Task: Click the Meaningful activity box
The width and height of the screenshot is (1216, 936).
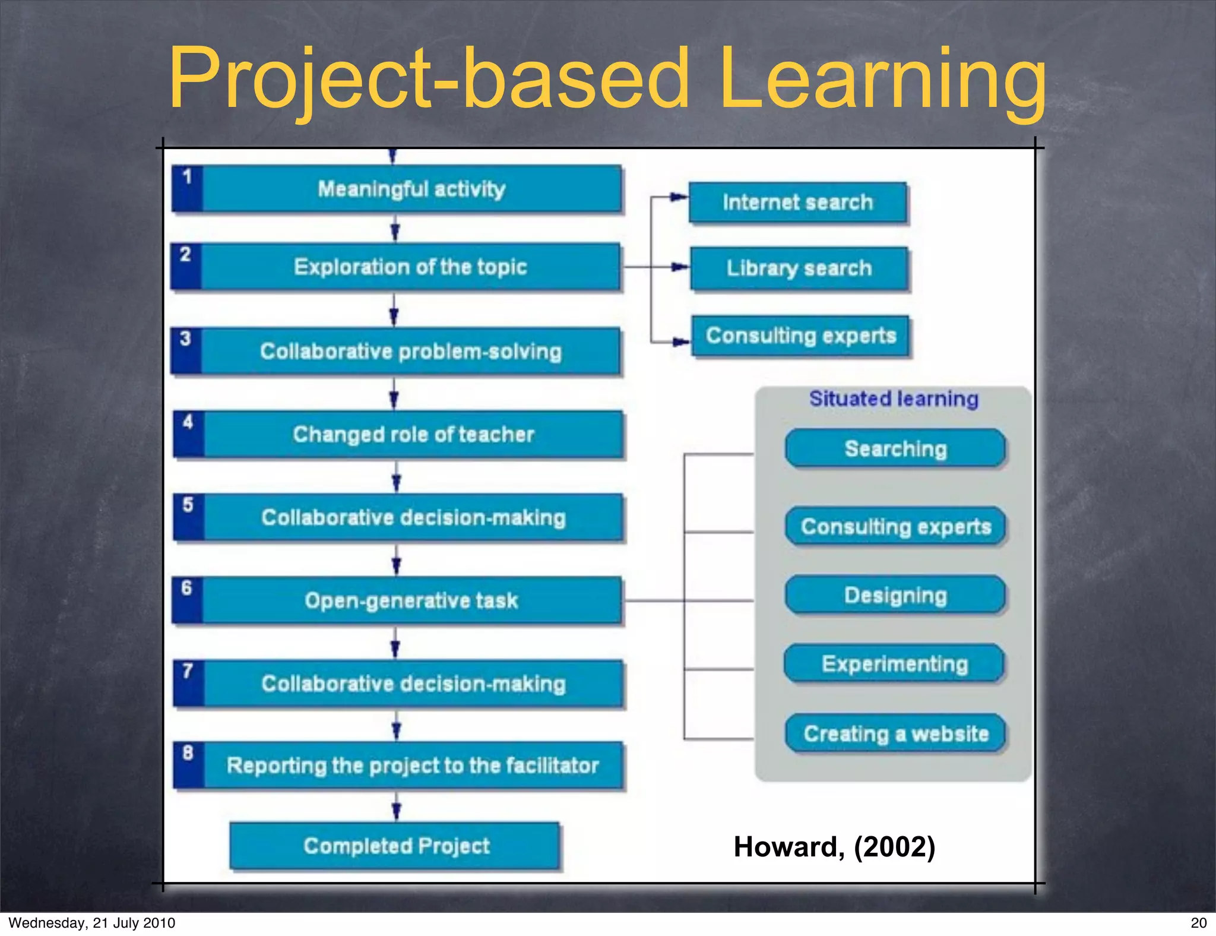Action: point(411,189)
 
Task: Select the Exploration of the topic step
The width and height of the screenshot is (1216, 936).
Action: point(410,267)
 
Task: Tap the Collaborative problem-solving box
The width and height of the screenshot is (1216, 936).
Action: point(410,351)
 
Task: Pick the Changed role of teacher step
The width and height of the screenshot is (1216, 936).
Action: point(413,434)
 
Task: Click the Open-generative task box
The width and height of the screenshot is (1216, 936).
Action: point(411,600)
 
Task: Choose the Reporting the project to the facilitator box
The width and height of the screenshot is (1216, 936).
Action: point(412,766)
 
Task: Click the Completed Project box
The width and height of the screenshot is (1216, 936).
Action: point(395,846)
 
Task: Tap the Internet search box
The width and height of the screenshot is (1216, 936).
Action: point(797,203)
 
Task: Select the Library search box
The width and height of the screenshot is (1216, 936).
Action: point(799,268)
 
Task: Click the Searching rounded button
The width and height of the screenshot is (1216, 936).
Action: point(895,449)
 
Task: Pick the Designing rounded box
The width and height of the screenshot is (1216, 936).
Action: point(895,595)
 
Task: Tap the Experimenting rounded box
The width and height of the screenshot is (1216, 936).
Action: point(894,664)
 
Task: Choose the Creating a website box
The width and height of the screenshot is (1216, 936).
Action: point(895,734)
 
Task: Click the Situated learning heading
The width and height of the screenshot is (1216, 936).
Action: point(894,399)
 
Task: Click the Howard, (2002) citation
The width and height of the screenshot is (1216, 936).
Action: point(834,846)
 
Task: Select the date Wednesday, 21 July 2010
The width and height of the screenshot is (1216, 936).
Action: point(92,922)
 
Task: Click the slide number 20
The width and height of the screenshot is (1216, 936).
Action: point(1198,922)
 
